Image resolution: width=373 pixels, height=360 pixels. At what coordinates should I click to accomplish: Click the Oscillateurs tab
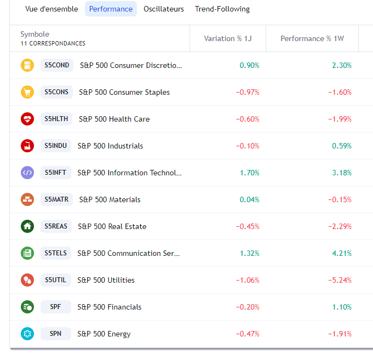[163, 9]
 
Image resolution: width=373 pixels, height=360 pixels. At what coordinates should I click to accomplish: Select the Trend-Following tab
[222, 9]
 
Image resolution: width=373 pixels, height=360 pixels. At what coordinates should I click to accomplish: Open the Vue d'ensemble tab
[51, 9]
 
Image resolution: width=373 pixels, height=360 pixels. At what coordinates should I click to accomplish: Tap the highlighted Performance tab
[111, 9]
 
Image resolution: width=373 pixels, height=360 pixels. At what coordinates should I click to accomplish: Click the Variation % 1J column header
[227, 38]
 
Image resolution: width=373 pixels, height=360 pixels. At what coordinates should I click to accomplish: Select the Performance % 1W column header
[312, 38]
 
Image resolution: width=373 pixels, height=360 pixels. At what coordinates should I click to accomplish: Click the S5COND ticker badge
[57, 65]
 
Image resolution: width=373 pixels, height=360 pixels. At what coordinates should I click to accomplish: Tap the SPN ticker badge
[56, 334]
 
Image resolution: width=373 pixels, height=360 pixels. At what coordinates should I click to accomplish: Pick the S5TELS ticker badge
[56, 253]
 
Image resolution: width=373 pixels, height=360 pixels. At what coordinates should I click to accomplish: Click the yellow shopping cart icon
[27, 92]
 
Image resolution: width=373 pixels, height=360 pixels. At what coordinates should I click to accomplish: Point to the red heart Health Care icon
[27, 119]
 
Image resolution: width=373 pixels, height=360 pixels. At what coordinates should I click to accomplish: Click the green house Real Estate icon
[27, 226]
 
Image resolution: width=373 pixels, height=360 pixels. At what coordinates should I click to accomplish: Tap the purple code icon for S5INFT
[27, 173]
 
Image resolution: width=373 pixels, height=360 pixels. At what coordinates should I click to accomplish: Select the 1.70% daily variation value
[249, 173]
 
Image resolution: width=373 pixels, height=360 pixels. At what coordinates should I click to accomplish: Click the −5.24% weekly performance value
[340, 280]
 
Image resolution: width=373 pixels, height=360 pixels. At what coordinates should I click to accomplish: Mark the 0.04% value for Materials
[249, 199]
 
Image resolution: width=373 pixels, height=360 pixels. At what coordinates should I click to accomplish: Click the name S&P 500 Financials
[110, 307]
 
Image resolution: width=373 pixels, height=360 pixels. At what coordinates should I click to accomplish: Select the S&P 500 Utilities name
[106, 280]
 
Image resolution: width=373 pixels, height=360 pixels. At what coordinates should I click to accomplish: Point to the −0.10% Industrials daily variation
[248, 146]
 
